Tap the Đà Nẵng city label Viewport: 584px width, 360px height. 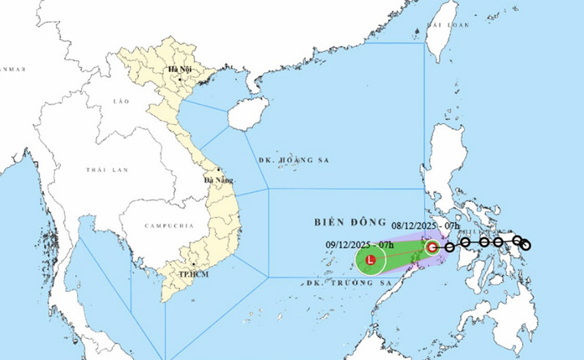coord(218,180)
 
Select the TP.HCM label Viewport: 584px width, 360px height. coord(191,275)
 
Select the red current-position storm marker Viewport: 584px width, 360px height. coord(433,247)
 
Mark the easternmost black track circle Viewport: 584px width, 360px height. coord(526,245)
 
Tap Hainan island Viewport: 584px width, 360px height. coord(247,114)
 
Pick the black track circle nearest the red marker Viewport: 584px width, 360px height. coord(449,247)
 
